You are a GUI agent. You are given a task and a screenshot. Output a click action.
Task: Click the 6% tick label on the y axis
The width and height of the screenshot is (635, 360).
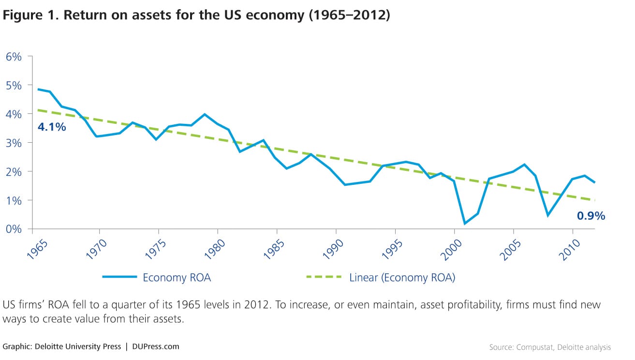coord(14,56)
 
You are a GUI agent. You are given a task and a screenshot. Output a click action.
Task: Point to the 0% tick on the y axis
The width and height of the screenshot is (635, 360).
coord(14,229)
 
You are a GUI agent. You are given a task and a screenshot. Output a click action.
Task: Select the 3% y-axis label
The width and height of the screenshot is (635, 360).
coord(14,143)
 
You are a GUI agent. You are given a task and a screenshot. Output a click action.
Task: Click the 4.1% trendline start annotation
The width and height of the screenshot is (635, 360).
coord(52,128)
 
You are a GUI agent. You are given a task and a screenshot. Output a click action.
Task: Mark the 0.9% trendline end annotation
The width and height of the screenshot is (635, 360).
coord(591,216)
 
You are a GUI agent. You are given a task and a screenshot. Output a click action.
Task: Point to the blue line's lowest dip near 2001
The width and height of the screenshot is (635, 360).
coord(465,224)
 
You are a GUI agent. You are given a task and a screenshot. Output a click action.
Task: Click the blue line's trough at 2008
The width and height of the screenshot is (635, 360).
coord(548,215)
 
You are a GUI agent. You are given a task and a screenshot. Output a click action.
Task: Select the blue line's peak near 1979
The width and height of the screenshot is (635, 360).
coord(205,114)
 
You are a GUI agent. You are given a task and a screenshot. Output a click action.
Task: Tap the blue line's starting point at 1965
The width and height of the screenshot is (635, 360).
coord(38,89)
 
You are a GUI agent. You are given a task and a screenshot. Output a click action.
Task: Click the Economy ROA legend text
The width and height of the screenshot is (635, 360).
coord(177,278)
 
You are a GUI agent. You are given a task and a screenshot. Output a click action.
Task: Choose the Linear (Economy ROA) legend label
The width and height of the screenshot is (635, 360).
coord(402,278)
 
